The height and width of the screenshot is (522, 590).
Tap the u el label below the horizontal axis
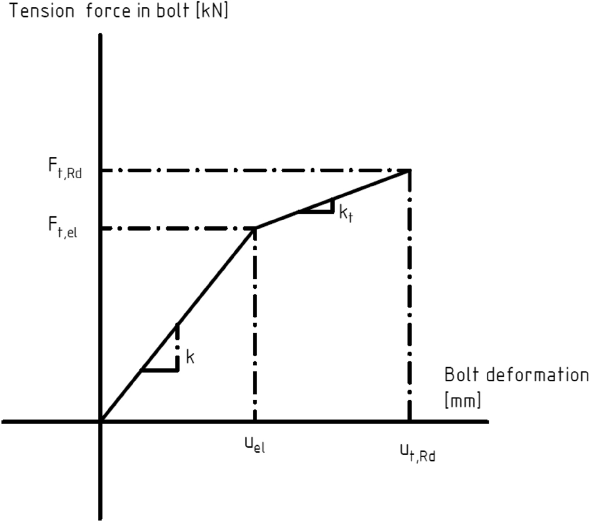pos(254,445)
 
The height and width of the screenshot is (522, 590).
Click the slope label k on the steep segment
pos(191,358)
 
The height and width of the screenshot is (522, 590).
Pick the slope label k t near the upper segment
pos(346,213)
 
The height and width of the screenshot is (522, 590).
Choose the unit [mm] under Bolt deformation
pos(462,400)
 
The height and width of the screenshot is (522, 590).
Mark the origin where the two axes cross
pos(101,421)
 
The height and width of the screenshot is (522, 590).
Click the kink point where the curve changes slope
pos(255,228)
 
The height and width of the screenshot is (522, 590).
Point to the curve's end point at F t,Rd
pos(409,170)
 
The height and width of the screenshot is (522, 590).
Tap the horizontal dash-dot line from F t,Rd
pos(250,170)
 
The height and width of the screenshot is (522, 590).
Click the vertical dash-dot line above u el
pos(255,325)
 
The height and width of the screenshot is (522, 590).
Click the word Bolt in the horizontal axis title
pos(461,375)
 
